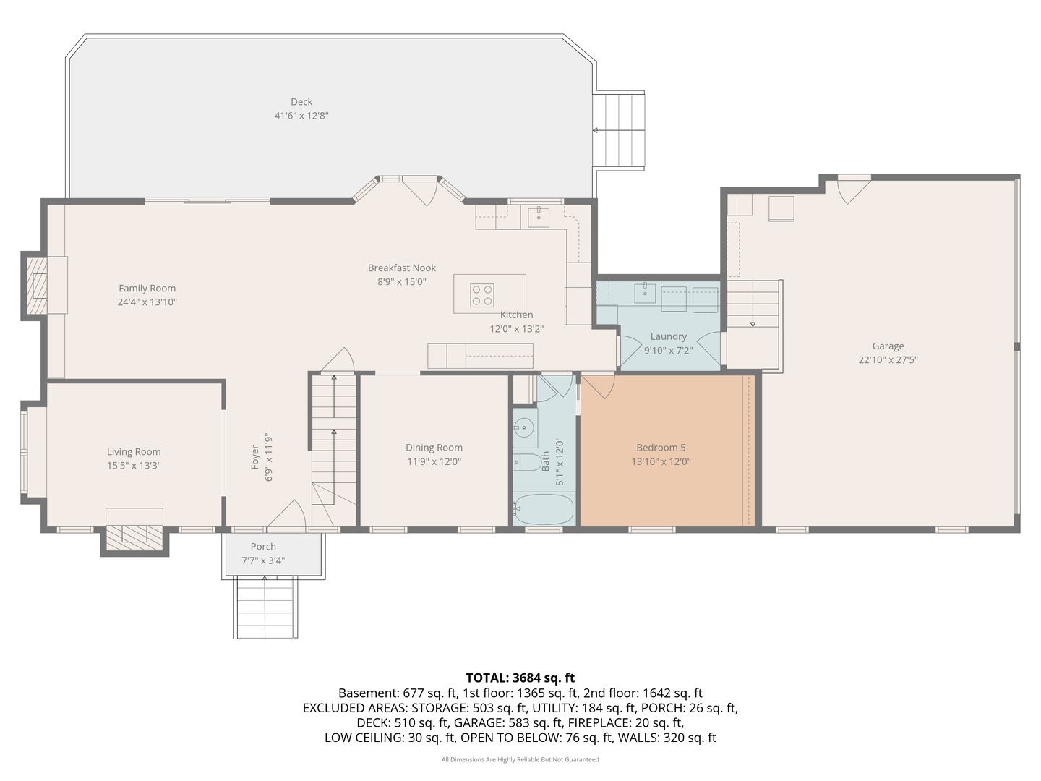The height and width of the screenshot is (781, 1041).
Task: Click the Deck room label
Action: coord(301,102)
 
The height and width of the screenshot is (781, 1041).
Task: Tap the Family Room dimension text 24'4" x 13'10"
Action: coord(147,302)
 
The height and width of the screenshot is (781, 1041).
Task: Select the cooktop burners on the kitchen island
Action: coord(482,295)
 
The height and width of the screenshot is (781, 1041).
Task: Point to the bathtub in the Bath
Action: coord(544,509)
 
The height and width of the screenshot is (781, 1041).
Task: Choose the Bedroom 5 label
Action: coord(661,448)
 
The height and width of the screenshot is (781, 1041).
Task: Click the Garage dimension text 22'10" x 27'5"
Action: coord(888,360)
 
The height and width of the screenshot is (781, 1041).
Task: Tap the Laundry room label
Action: coord(668,337)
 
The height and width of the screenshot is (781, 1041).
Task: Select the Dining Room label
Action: coord(434,448)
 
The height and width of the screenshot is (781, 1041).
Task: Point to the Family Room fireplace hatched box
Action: coord(37,286)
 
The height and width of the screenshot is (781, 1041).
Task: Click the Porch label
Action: coord(263,547)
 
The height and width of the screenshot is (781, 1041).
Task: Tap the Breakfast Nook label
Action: coord(402,268)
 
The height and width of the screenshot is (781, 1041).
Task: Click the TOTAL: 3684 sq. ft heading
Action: coord(520,678)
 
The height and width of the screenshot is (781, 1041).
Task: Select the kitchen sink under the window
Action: coord(539,218)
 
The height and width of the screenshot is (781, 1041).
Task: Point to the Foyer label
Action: coord(255,457)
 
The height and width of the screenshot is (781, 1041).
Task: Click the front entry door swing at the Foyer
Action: coord(286,514)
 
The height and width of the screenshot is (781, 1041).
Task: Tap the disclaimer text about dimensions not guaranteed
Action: coord(520,759)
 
